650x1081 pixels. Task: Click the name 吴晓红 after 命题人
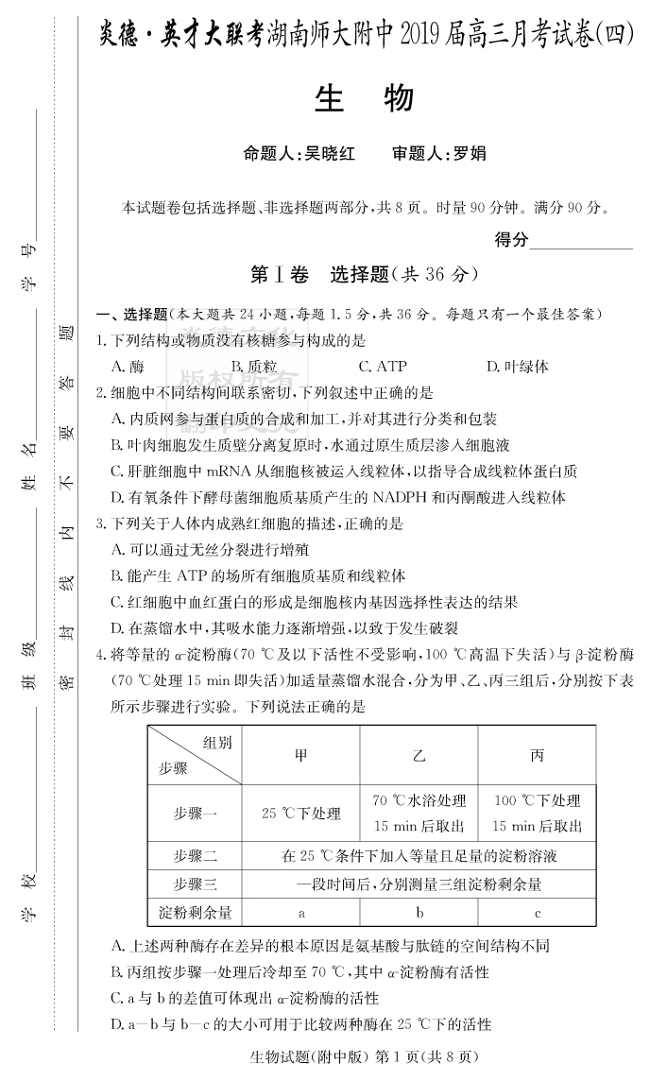click(325, 153)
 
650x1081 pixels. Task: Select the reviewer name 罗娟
click(470, 153)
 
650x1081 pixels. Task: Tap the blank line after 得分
click(581, 241)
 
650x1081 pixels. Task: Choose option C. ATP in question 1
click(383, 366)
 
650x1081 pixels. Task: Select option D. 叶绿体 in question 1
click(517, 366)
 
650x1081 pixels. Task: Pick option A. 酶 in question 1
click(128, 366)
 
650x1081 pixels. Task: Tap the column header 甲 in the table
click(300, 755)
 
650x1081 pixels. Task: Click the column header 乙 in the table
click(419, 755)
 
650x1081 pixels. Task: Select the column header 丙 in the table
click(537, 755)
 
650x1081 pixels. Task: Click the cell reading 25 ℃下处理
click(300, 813)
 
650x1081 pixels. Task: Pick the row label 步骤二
click(196, 856)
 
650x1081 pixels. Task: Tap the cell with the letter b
click(419, 913)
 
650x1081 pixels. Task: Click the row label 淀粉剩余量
click(196, 913)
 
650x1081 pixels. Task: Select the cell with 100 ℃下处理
click(537, 800)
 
